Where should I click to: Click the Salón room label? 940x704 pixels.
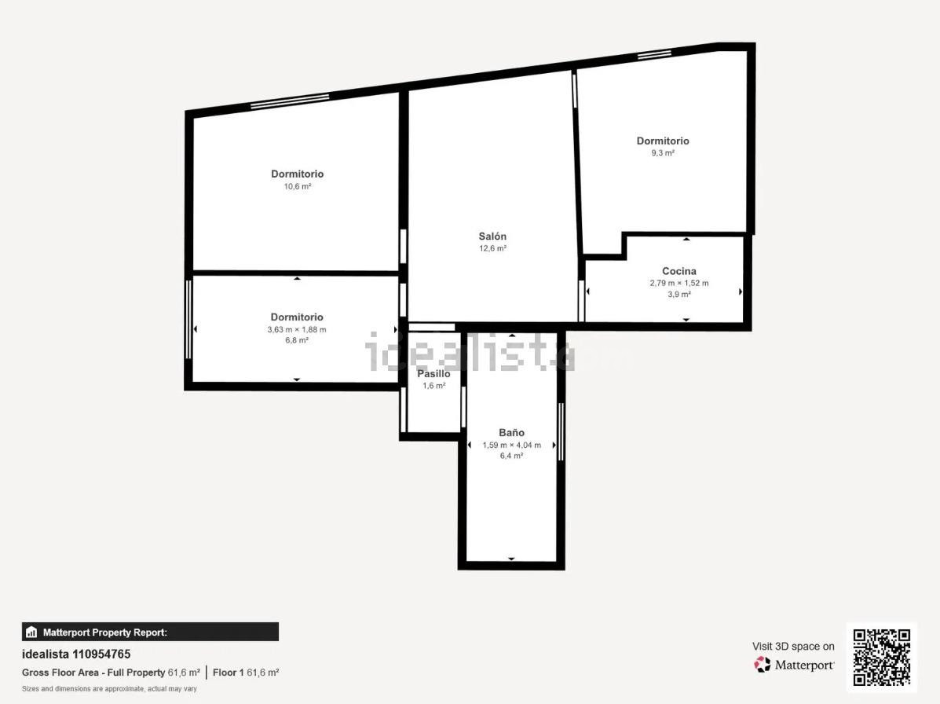tap(492, 236)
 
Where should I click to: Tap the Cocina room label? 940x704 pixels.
tap(678, 271)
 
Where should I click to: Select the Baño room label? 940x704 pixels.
tap(511, 432)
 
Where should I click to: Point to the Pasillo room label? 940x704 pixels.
tap(433, 373)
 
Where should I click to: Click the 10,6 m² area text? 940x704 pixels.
tap(298, 186)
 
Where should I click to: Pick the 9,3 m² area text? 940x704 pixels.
tap(663, 153)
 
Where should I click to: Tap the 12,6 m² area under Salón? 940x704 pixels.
tap(493, 248)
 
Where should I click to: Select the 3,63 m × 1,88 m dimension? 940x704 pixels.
tap(297, 329)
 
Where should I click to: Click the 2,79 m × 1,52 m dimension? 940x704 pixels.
tap(679, 283)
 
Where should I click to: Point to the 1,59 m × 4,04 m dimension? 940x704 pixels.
tap(511, 445)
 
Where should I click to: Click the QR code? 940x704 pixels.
tap(882, 657)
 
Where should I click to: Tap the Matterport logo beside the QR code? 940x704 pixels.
tap(794, 665)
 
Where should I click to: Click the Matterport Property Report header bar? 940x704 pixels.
tap(151, 632)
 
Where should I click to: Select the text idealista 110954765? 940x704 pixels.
tap(76, 654)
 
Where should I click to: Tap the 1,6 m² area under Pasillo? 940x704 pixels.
tap(434, 386)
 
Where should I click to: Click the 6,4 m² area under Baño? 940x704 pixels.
tap(511, 456)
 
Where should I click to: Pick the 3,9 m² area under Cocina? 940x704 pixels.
tap(679, 295)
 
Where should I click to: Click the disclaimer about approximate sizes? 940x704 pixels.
tap(110, 689)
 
